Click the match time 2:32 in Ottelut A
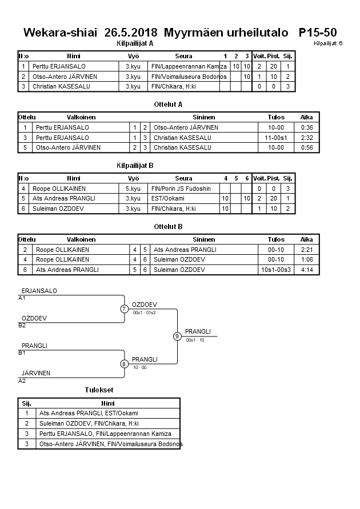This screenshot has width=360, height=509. coord(307,138)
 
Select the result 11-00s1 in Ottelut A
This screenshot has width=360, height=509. coord(276,138)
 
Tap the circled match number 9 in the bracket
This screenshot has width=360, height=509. coord(177,336)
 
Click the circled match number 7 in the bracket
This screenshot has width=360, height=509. coord(124,309)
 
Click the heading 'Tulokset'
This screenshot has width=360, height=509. coord(99,390)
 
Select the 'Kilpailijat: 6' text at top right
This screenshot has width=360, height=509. coord(328,43)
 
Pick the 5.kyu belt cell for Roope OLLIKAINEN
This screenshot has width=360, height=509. coord(133,189)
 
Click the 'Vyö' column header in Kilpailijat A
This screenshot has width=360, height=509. coord(133,56)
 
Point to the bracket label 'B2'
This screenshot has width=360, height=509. coord(22,326)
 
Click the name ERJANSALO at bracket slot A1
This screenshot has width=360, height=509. coord(39,291)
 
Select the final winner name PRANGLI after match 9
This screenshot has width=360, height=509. coord(198,331)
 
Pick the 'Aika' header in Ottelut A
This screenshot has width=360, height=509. coord(307,117)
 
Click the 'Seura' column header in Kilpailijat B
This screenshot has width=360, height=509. coord(184,178)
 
